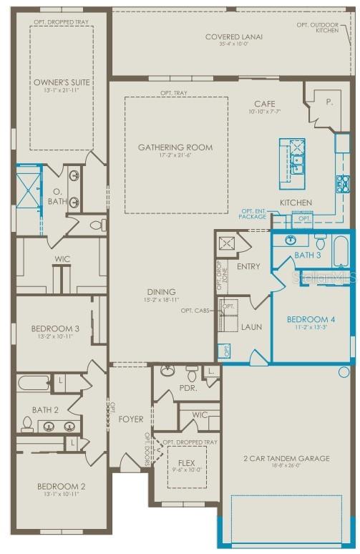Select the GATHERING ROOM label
[175, 147]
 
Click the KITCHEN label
[296, 203]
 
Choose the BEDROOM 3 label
[54, 329]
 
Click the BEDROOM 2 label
[61, 487]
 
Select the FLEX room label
[186, 463]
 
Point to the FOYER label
[131, 419]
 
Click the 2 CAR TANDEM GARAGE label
[286, 458]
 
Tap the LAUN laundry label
[251, 327]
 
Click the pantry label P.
[329, 102]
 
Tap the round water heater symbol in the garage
[344, 372]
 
